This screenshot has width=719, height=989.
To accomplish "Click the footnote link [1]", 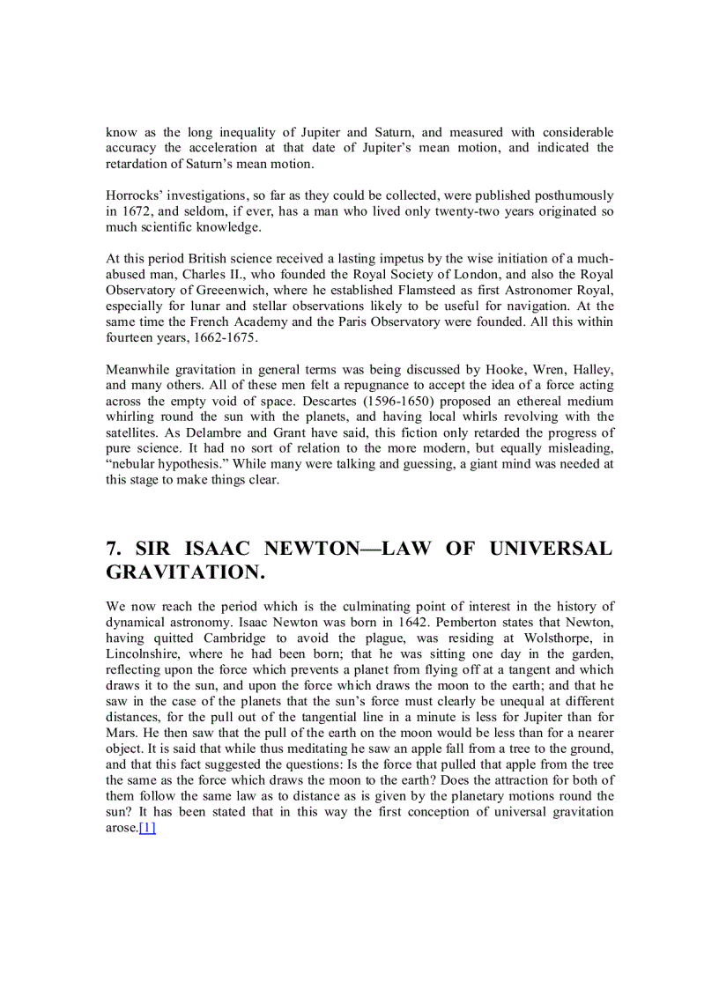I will (x=147, y=828).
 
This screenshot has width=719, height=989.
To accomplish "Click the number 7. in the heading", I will (x=115, y=549).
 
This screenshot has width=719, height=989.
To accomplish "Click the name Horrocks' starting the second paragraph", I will (x=134, y=195).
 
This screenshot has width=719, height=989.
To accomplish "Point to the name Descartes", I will (x=266, y=401).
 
